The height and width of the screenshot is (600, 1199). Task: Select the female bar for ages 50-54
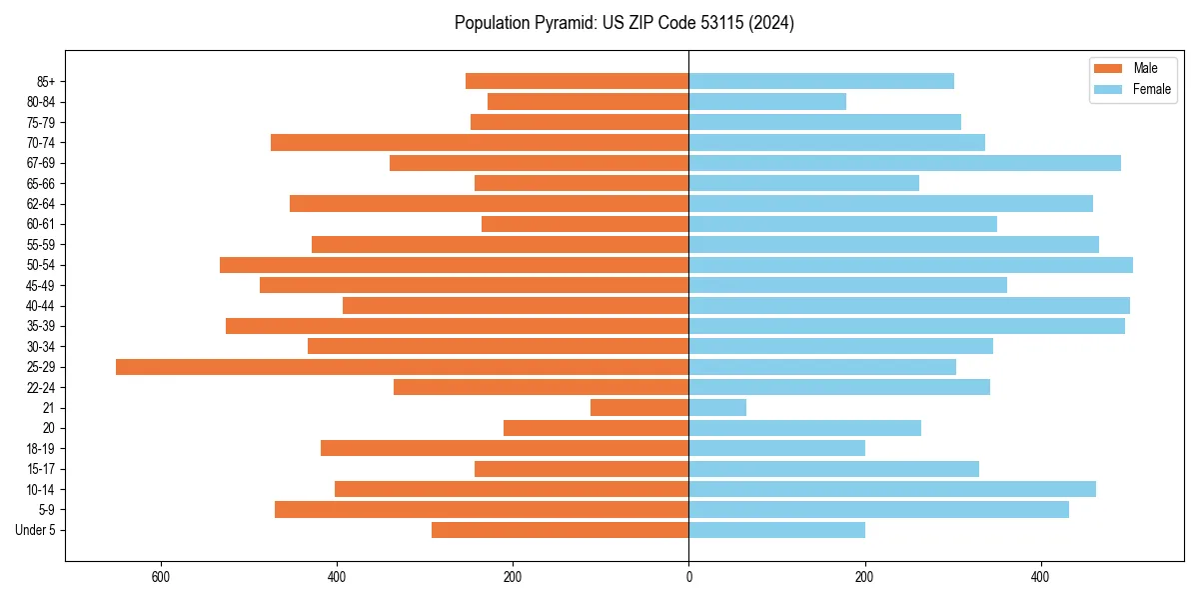[910, 265]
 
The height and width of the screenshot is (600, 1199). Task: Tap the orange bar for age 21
[639, 408]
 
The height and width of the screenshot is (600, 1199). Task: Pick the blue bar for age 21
[717, 408]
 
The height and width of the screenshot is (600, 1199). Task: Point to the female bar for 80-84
[767, 102]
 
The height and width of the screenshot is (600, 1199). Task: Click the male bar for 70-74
[480, 143]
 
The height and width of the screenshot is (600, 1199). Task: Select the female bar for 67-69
[904, 163]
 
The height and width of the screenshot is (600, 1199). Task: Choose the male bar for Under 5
[560, 530]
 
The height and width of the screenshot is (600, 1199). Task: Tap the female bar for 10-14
[892, 489]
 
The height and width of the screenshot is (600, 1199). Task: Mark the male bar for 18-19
[505, 448]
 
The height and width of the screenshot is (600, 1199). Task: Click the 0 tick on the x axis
[688, 577]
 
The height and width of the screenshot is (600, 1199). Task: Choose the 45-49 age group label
[41, 285]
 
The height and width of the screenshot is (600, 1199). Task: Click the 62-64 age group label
[41, 204]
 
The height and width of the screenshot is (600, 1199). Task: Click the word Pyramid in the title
[565, 23]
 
